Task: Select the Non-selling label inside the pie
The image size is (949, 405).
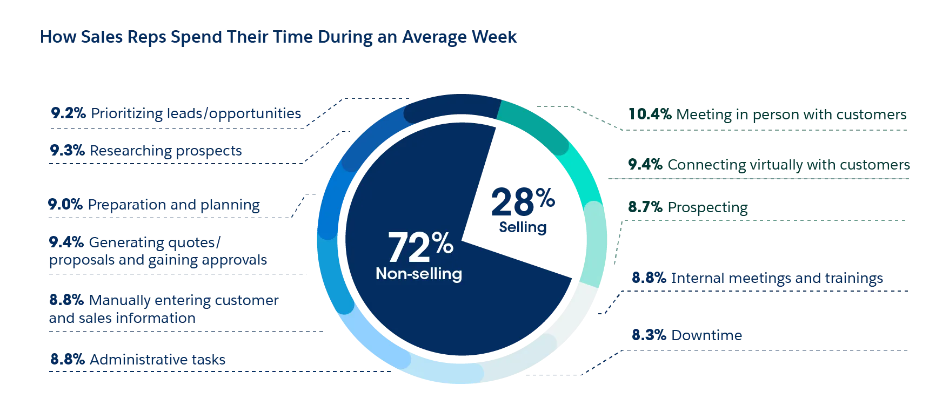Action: coord(419,274)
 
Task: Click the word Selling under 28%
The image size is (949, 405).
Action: coord(523,227)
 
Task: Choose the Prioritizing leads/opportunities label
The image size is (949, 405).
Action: coord(196,114)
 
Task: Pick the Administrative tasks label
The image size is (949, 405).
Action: coord(158,359)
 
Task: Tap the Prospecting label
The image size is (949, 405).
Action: coord(707,207)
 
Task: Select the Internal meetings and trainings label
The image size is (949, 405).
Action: coord(778,278)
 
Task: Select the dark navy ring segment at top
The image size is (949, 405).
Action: coord(451,108)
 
